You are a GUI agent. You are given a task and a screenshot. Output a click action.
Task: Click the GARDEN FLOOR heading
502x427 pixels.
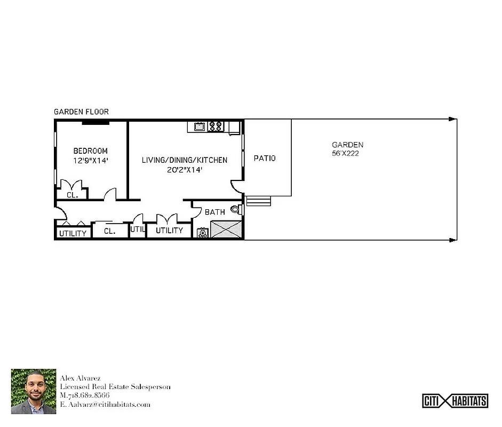[81, 112]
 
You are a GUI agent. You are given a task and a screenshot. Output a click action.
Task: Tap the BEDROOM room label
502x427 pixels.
[90, 151]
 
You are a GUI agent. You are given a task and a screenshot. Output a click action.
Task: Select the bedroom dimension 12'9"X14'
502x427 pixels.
[90, 160]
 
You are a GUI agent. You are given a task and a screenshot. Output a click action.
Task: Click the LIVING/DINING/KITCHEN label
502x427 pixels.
[184, 160]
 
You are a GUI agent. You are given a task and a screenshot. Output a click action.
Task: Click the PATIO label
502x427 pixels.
[265, 159]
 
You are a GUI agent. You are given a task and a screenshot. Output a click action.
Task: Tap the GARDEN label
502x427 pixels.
[347, 145]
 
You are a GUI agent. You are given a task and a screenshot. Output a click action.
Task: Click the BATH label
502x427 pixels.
[215, 212]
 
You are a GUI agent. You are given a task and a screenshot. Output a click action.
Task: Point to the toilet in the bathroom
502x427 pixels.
[235, 210]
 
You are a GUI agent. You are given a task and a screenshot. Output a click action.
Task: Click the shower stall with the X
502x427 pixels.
[226, 230]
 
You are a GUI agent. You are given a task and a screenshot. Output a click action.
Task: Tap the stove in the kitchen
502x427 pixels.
[216, 126]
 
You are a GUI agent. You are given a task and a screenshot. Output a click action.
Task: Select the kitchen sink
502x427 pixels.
[199, 126]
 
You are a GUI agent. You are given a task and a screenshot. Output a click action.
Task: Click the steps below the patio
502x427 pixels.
[258, 201]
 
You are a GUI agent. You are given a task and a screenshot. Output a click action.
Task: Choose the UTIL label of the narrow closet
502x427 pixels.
[138, 230]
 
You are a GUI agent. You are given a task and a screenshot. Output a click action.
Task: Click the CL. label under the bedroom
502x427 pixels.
[72, 195]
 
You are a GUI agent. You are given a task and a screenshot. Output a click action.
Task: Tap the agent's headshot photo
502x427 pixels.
[34, 392]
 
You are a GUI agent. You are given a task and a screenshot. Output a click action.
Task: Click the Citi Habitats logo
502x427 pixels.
[455, 400]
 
